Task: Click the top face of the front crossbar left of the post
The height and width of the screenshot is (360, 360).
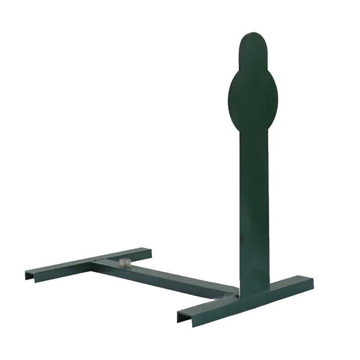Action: (x=211, y=304)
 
